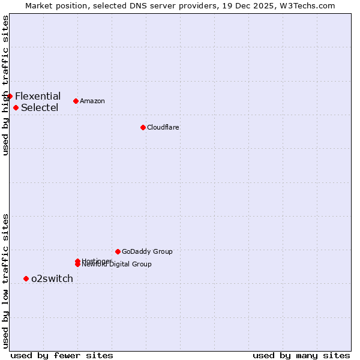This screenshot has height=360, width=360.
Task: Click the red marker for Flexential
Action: click(10, 96)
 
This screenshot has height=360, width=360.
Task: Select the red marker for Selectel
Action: click(16, 107)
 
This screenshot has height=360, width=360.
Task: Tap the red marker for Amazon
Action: click(76, 101)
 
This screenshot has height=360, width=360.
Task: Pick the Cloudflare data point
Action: click(143, 127)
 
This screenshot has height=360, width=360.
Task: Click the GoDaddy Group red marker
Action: click(118, 251)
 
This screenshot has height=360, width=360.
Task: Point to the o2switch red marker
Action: click(26, 278)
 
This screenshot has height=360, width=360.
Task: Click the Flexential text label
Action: click(38, 96)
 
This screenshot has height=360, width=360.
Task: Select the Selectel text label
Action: click(40, 108)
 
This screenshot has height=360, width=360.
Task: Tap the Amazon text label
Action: click(92, 101)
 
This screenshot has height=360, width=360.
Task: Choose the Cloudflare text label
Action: click(163, 127)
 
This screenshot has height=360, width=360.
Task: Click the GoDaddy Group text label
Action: click(147, 251)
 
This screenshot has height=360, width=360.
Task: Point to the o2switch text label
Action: click(52, 278)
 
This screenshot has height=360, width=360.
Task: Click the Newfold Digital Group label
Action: click(118, 265)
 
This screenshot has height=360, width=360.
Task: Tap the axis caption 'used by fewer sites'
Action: click(62, 355)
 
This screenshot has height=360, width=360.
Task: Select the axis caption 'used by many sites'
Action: click(301, 355)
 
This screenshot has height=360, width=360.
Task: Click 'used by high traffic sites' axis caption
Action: click(6, 85)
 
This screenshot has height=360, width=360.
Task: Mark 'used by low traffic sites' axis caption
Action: click(6, 281)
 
